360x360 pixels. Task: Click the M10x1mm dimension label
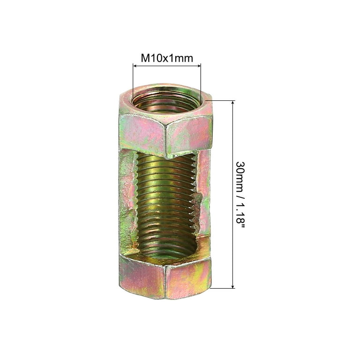tap(167, 58)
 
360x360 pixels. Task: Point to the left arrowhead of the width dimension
tap(135, 66)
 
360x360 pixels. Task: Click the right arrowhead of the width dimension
tap(199, 66)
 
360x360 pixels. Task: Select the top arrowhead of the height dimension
tap(233, 103)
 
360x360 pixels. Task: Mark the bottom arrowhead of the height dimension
tap(233, 285)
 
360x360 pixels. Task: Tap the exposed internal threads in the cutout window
tap(166, 204)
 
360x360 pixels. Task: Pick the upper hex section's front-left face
tap(142, 134)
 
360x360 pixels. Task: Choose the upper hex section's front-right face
tap(189, 135)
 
